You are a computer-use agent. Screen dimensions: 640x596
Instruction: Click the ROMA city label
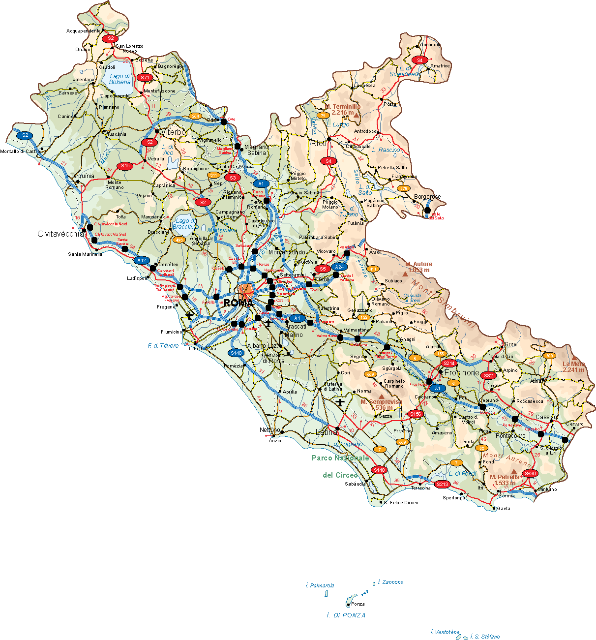pos(238,303)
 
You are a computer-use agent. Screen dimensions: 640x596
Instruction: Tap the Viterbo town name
pos(175,132)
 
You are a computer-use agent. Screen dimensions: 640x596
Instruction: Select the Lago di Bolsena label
pos(119,79)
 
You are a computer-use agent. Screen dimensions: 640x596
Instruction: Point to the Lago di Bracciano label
pos(185,224)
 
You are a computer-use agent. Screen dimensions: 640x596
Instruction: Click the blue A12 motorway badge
pos(142,260)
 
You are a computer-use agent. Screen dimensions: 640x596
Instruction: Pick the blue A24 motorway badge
pos(339,267)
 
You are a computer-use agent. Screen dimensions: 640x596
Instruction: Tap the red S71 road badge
pos(145,78)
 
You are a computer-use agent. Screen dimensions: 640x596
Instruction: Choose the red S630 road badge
pos(530,473)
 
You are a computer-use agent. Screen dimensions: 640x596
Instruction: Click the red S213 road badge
pos(443,484)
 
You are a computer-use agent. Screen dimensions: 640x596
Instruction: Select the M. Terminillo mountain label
pos(343,109)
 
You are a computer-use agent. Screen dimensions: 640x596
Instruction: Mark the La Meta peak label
pos(573,367)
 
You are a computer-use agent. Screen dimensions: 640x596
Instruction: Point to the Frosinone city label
pos(462,373)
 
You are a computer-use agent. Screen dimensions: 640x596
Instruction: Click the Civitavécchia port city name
pos(60,234)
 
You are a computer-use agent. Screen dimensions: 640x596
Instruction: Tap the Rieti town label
pos(319,144)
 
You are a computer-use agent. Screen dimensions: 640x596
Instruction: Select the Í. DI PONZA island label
pos(346,615)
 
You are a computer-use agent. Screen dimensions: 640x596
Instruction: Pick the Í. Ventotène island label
pos(445,632)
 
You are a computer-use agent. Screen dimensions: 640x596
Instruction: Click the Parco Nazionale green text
pos(340,458)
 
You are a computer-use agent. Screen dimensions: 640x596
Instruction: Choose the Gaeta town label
pos(504,509)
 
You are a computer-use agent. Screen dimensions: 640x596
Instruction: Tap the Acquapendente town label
pos(84,31)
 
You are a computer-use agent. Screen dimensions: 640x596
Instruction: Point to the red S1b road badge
pos(125,166)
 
